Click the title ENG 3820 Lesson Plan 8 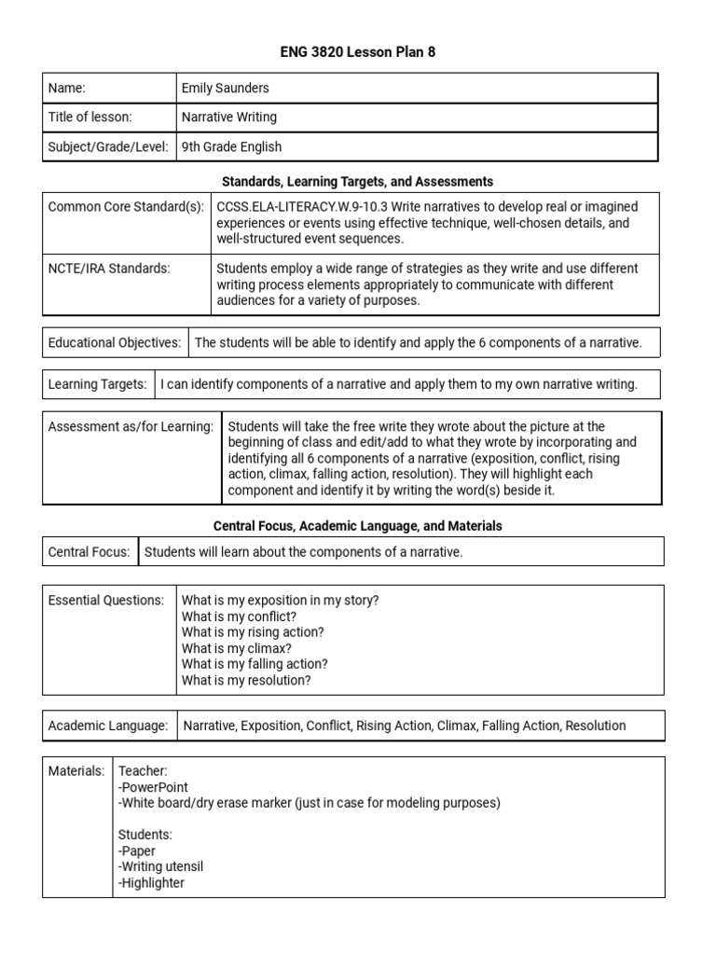pyautogui.click(x=358, y=52)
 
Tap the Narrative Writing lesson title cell pyautogui.click(x=229, y=117)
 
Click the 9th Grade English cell pyautogui.click(x=231, y=146)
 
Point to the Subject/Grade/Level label pyautogui.click(x=108, y=146)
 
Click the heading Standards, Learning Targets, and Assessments pyautogui.click(x=358, y=181)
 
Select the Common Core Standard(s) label pyautogui.click(x=126, y=206)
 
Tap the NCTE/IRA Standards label pyautogui.click(x=109, y=269)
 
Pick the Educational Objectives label pyautogui.click(x=115, y=342)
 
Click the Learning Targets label pyautogui.click(x=98, y=383)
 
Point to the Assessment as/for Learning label pyautogui.click(x=131, y=426)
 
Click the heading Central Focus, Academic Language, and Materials pyautogui.click(x=358, y=526)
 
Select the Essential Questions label pyautogui.click(x=106, y=600)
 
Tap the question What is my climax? pyautogui.click(x=237, y=648)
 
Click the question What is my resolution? pyautogui.click(x=246, y=680)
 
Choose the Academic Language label pyautogui.click(x=108, y=725)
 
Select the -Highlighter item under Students pyautogui.click(x=151, y=882)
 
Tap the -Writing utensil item pyautogui.click(x=160, y=866)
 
